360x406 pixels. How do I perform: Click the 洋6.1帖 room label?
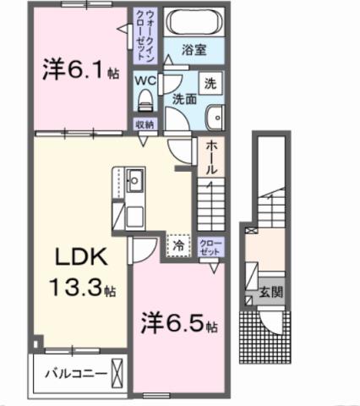[x=79, y=70]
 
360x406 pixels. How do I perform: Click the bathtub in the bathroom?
[x=194, y=21]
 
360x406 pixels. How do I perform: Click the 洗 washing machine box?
[x=210, y=84]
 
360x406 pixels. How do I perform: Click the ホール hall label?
[x=210, y=158]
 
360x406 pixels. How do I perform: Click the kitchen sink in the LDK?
[x=134, y=180]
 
